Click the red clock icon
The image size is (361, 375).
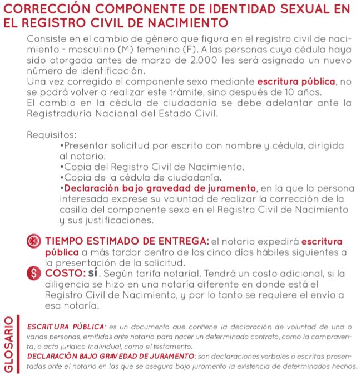point(34,242)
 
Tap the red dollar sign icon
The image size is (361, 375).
point(34,274)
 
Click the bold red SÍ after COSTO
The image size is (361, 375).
point(91,274)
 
